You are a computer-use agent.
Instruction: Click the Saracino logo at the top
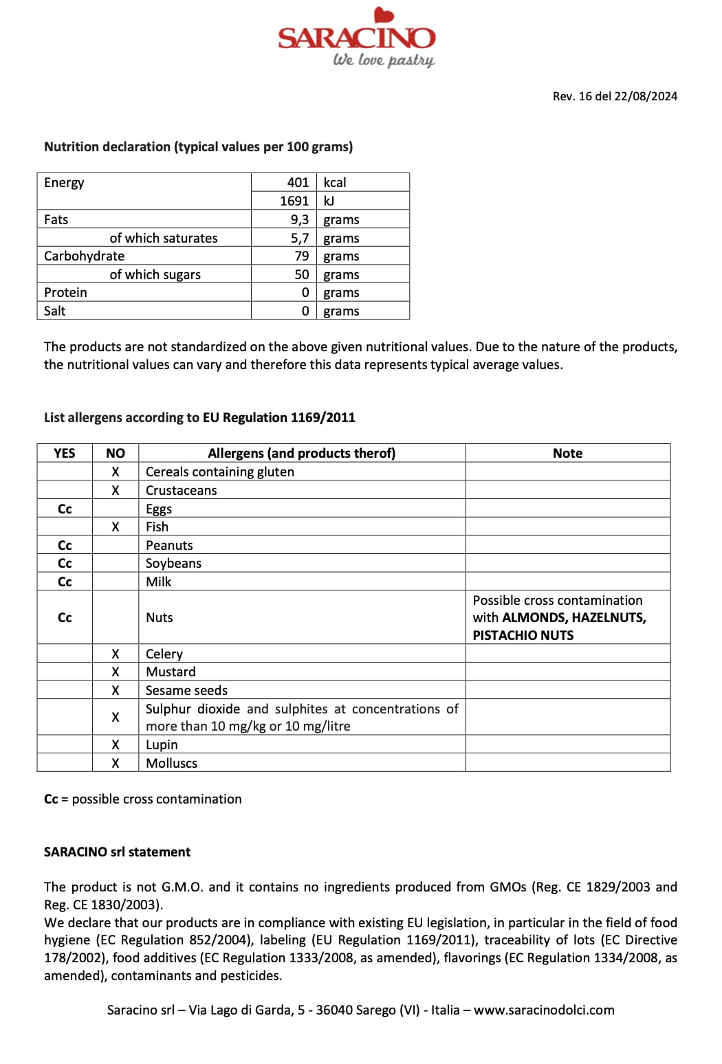[x=356, y=38]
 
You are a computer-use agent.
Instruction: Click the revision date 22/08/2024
[x=646, y=96]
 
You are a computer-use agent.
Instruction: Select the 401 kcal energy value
[x=298, y=182]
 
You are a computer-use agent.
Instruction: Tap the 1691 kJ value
[x=294, y=201]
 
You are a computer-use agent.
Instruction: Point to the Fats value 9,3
[x=300, y=219]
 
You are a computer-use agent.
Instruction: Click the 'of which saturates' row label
[x=164, y=238]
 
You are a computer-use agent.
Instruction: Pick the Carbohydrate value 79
[x=302, y=256]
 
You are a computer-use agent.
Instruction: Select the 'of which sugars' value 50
[x=302, y=274]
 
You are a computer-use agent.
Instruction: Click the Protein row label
[x=66, y=292]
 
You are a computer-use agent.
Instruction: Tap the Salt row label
[x=55, y=311]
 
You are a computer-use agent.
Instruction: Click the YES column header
[x=65, y=453]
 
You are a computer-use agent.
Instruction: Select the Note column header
[x=567, y=453]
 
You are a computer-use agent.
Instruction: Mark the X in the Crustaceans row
[x=116, y=490]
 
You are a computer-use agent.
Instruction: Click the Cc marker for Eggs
[x=65, y=509]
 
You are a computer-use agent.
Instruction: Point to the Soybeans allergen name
[x=173, y=563]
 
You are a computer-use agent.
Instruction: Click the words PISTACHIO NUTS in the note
[x=523, y=635]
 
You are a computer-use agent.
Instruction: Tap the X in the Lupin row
[x=116, y=744]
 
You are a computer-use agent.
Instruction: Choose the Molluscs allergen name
[x=171, y=763]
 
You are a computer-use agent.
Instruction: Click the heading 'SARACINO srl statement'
[x=117, y=852]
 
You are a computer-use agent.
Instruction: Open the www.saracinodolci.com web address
[x=544, y=1010]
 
